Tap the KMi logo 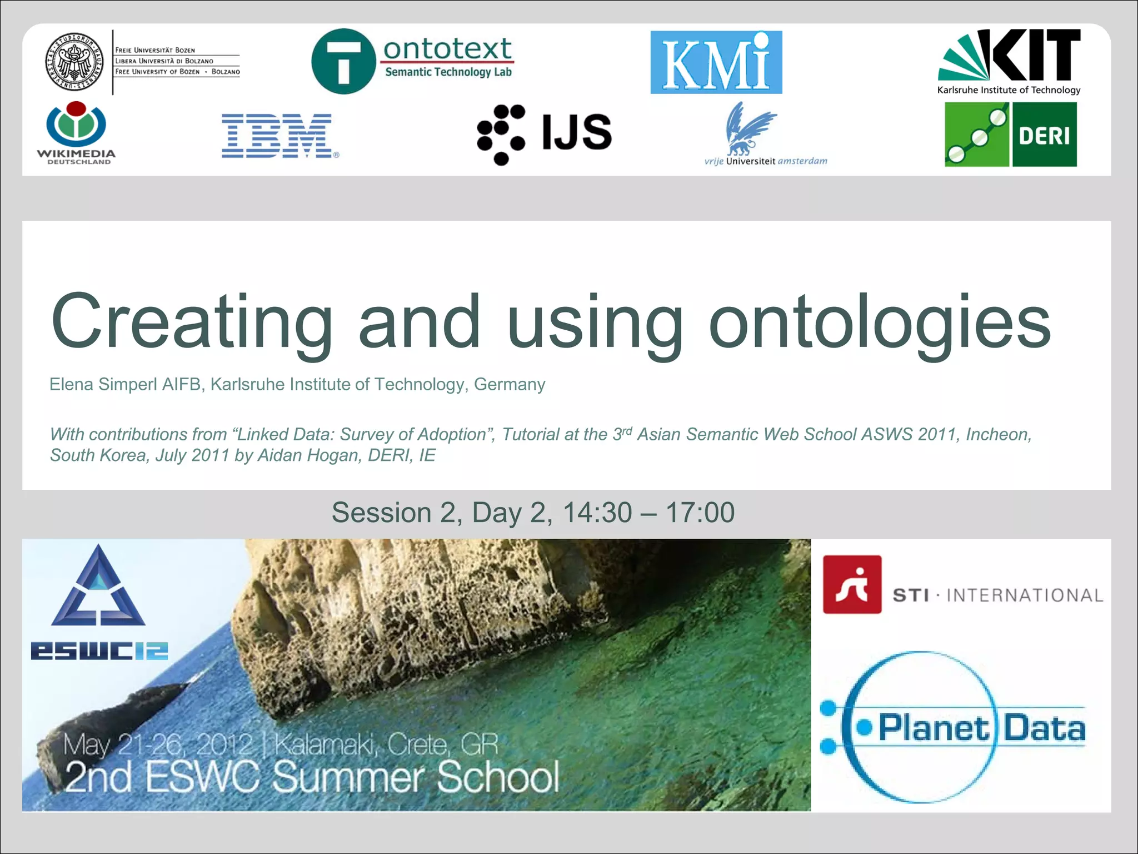pyautogui.click(x=716, y=62)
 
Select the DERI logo pyautogui.click(x=1011, y=135)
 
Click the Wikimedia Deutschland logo pyautogui.click(x=76, y=132)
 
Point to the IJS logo pyautogui.click(x=544, y=133)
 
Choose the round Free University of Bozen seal pyautogui.click(x=74, y=62)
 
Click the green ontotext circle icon pyautogui.click(x=343, y=61)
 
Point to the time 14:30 pyautogui.click(x=597, y=512)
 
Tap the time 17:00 pyautogui.click(x=700, y=512)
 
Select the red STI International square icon pyautogui.click(x=852, y=584)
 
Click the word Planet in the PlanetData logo pyautogui.click(x=934, y=728)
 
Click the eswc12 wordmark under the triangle pyautogui.click(x=99, y=651)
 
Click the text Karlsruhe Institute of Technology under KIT pyautogui.click(x=1009, y=90)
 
